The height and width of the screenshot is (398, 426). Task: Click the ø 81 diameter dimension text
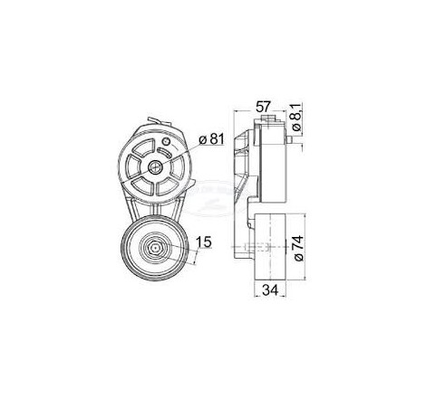pos(211,139)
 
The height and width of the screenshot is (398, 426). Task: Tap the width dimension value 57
pos(264,107)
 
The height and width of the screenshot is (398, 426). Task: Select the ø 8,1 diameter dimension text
pos(297,117)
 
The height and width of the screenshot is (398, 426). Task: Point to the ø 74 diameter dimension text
pos(298,249)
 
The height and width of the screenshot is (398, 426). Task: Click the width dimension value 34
pos(270,290)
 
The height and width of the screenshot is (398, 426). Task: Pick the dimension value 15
pos(204,242)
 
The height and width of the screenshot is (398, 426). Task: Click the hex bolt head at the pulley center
pos(155,248)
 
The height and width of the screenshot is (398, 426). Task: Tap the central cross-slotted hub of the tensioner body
pos(155,166)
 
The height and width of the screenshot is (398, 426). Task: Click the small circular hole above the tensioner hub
pos(166,141)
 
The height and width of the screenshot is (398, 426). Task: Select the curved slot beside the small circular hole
pos(165,153)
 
